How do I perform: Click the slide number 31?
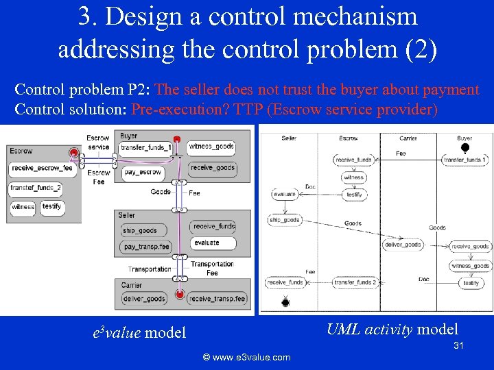coord(459,346)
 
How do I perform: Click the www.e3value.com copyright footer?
coord(246,357)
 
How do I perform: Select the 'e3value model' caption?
coord(139,333)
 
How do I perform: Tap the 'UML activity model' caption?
coord(392,329)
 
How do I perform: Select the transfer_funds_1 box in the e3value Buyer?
coord(145,148)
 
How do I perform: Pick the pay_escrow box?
coord(142,173)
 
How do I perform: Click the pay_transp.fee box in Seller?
coord(146,247)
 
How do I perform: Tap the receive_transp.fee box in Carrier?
coord(217,299)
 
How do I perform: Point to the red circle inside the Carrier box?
coord(180,295)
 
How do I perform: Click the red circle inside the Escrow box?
coord(73,152)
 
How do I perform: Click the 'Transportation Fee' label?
coord(212,269)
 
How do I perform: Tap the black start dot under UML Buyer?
coord(465,148)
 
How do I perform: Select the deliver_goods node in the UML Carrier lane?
coord(402,245)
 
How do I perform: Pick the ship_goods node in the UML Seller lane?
coord(284,220)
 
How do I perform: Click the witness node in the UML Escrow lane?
coord(354,177)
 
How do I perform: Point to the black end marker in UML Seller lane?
coord(285,302)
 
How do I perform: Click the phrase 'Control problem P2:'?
coord(84,90)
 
